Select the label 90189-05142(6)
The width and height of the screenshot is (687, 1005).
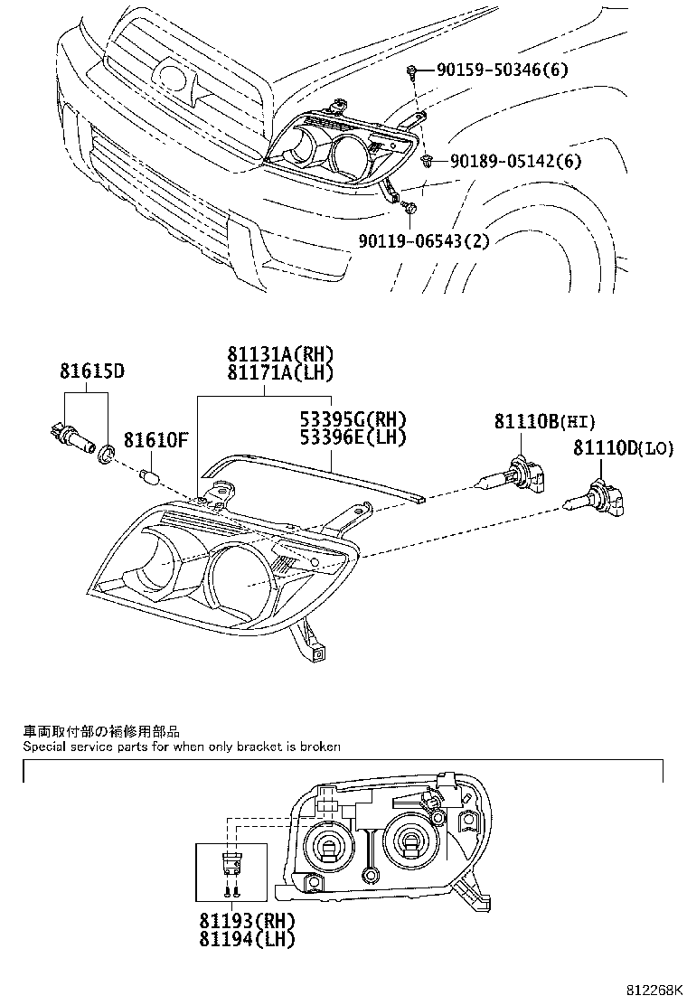coord(515,162)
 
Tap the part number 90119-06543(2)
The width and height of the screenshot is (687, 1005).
coord(424,240)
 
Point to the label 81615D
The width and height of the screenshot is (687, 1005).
coord(92,371)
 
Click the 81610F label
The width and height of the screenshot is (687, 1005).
coord(155,440)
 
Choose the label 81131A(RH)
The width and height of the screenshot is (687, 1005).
coord(268,355)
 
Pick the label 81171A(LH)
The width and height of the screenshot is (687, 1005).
coord(268,372)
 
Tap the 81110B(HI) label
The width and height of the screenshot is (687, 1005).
coord(545,420)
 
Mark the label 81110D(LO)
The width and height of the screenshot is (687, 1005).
coord(623,447)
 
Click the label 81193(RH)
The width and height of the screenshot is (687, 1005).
coord(247,921)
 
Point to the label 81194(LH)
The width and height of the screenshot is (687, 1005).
coord(247,938)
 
